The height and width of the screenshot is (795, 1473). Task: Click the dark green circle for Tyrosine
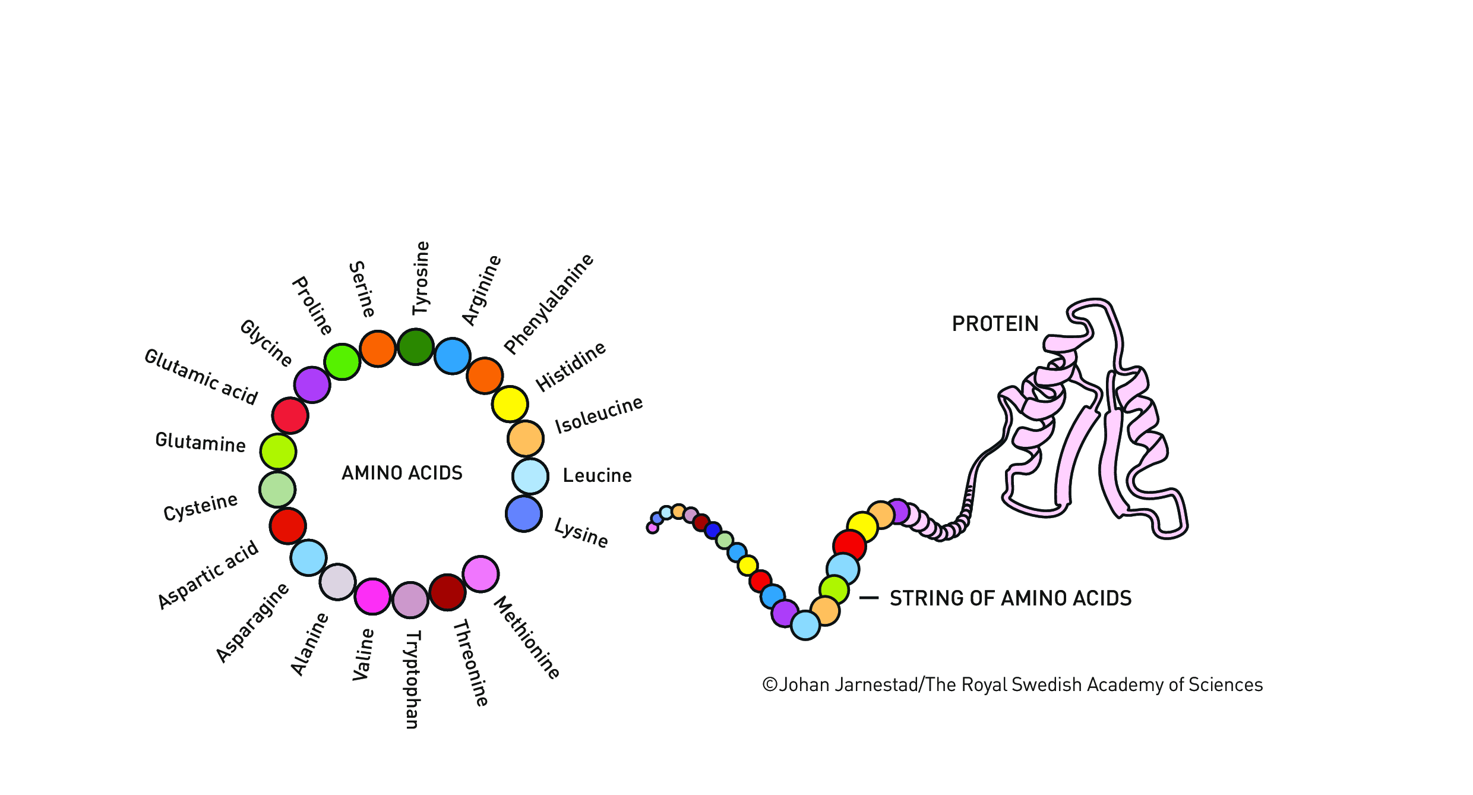click(415, 346)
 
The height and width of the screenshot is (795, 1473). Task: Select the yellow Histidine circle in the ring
click(510, 404)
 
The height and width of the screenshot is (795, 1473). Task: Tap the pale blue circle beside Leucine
click(530, 476)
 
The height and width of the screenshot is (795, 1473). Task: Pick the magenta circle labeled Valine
click(372, 596)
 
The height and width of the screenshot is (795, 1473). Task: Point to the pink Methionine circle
click(481, 574)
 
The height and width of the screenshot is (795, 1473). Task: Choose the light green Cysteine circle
click(277, 490)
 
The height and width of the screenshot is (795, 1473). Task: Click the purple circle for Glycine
click(312, 384)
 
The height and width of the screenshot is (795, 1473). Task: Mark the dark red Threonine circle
click(447, 592)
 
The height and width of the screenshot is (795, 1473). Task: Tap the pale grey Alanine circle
click(337, 582)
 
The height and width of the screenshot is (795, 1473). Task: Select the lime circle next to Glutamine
click(278, 452)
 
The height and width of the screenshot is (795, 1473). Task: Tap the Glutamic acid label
click(201, 377)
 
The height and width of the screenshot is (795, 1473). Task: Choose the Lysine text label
click(581, 533)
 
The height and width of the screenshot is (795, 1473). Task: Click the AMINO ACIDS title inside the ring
click(402, 473)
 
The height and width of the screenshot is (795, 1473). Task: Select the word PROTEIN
click(995, 324)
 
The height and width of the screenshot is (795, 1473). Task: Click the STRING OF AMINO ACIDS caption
click(1010, 598)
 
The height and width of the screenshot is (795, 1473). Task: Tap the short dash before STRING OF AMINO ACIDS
click(869, 598)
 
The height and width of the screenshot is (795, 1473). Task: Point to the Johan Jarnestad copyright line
click(1012, 685)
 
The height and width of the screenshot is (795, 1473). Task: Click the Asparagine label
click(252, 622)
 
